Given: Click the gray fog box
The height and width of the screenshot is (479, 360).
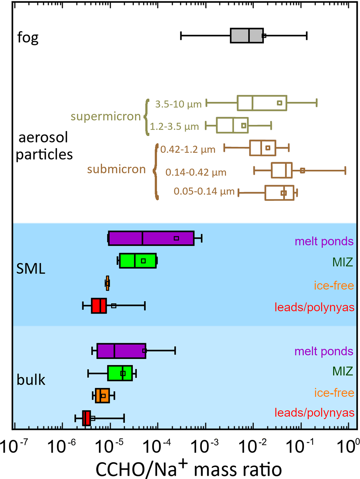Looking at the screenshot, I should point(247,36).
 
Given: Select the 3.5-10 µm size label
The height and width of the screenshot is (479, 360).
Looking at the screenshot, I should point(178,104).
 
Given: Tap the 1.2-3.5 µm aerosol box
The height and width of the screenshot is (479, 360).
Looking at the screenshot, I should point(232,125).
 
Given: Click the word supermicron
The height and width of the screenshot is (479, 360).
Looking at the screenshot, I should point(105,117).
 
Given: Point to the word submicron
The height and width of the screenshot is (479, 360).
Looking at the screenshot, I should point(116,169).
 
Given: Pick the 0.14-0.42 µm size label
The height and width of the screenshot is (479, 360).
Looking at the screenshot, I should point(196,172).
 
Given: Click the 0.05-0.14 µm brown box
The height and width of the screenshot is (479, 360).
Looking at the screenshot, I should point(279,193).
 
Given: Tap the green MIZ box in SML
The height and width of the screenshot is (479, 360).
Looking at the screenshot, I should point(138,260).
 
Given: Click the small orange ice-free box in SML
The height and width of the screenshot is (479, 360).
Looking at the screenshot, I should point(107,283).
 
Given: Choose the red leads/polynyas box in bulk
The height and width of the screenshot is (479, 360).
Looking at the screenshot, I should point(86,418).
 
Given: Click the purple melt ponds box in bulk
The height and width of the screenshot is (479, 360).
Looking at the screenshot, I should point(121,351).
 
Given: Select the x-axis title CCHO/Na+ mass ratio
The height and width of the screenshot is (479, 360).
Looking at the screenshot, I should point(189,468).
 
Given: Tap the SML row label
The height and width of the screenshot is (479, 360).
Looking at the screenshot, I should point(31,268).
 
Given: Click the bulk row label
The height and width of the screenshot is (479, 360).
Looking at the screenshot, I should point(31,380).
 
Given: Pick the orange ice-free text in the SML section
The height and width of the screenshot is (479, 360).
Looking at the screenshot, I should point(334,285).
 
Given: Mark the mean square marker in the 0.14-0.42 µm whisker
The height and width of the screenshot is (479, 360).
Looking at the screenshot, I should point(302,170).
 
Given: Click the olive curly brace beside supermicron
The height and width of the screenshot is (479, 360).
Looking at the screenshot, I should point(146,117).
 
